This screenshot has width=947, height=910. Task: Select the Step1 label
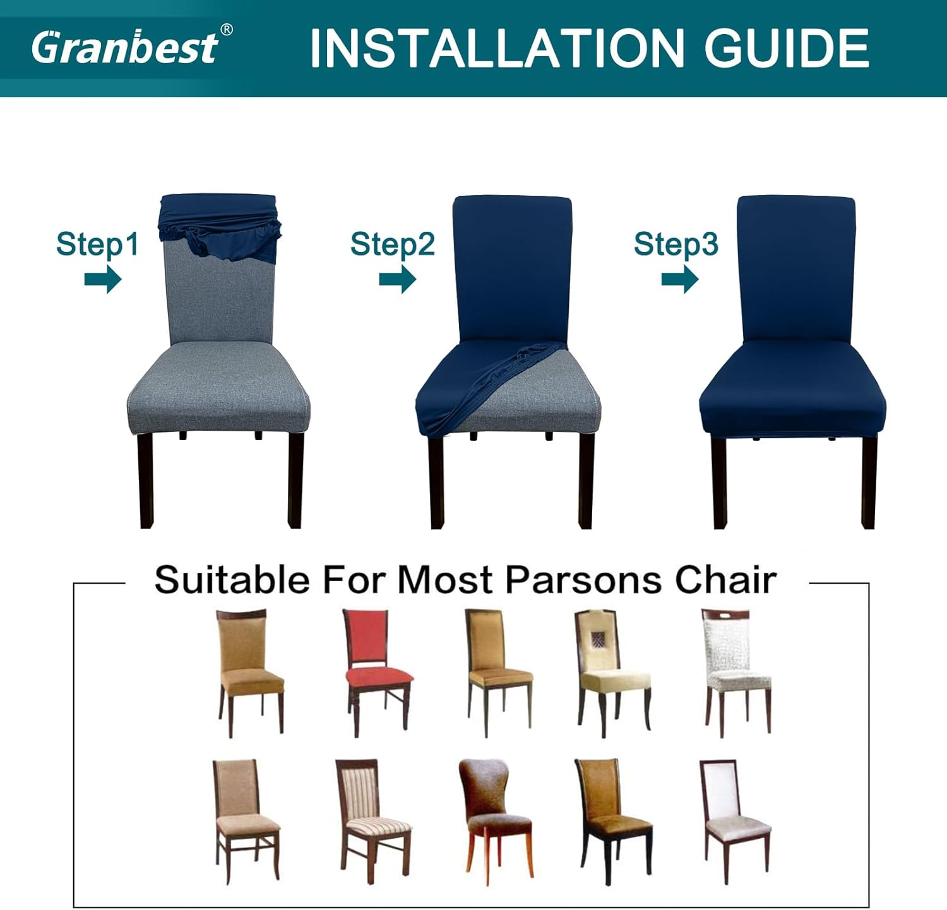click(x=97, y=244)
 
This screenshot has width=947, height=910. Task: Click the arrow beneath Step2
click(x=397, y=279)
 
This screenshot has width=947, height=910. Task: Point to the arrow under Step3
click(x=680, y=279)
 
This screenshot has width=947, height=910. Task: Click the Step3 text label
click(x=676, y=244)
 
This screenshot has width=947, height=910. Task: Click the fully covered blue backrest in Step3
click(x=796, y=268)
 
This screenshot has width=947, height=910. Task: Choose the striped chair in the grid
click(x=372, y=821)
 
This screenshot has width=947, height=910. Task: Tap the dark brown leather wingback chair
click(x=494, y=821)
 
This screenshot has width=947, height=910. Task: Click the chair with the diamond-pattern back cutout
click(x=612, y=673)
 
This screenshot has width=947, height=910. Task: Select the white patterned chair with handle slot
click(x=737, y=673)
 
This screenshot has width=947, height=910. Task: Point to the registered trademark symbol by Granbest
click(x=226, y=30)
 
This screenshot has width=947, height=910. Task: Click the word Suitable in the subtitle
click(x=232, y=579)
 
